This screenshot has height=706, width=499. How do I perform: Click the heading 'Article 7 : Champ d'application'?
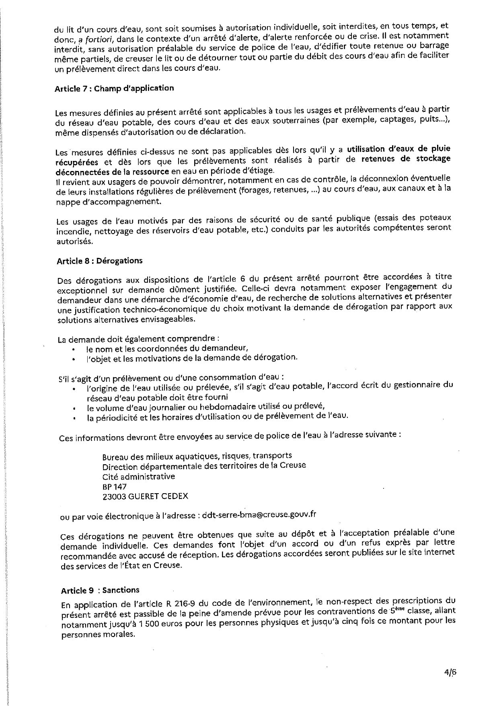(114, 89)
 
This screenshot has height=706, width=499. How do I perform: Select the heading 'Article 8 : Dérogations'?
(100, 261)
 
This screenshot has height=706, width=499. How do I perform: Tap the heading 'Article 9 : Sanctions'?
(100, 590)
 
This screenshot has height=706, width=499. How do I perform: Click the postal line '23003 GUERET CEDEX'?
(145, 496)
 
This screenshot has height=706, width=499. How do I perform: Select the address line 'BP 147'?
(115, 486)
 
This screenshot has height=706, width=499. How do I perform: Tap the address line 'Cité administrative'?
(139, 476)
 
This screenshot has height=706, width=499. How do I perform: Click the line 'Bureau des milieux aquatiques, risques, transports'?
(197, 456)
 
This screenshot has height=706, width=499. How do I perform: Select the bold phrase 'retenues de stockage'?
(406, 159)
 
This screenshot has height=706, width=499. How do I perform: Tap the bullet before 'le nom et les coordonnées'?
(74, 350)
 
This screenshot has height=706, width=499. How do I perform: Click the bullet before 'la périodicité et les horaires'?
(74, 418)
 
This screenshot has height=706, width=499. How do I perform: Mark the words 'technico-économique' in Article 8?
(154, 310)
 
